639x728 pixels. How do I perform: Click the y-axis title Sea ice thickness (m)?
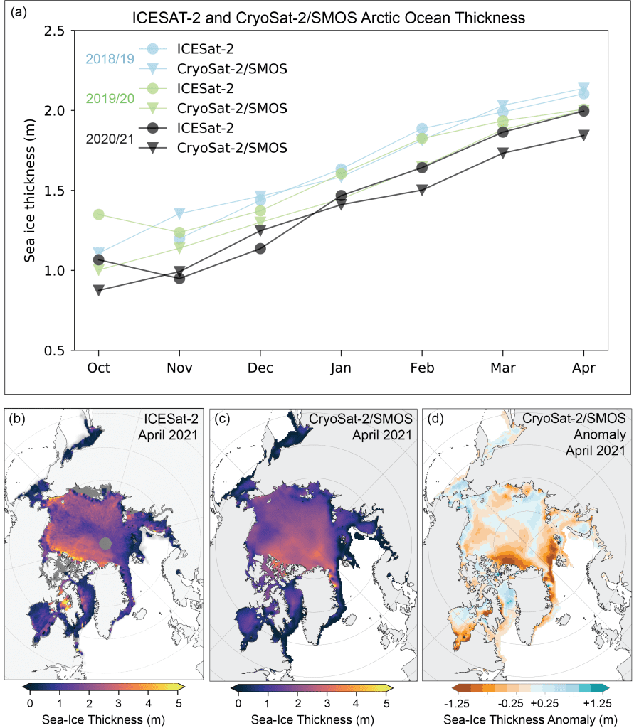point(30,190)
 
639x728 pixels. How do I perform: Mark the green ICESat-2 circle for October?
point(99,214)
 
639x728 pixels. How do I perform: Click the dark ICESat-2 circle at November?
point(179,278)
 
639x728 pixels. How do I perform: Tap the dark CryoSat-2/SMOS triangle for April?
point(583,135)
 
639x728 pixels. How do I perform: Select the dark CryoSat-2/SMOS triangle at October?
point(99,290)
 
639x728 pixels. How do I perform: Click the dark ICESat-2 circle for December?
point(260,248)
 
